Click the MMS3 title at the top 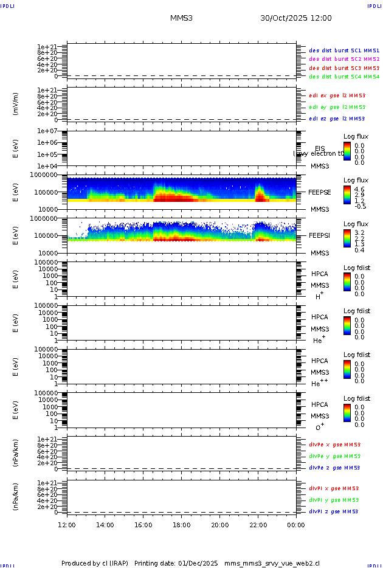point(181,18)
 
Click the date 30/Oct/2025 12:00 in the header point(296,18)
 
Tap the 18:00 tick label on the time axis point(181,525)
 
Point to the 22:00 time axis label point(258,525)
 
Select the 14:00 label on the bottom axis point(105,525)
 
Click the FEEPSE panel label point(320,192)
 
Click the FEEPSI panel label point(320,235)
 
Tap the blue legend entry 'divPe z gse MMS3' point(334,468)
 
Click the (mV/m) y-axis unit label point(16,104)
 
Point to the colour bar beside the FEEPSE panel point(347,194)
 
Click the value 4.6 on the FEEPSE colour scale point(359,190)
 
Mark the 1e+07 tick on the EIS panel point(47,131)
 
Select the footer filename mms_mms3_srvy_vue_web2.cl point(272,564)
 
